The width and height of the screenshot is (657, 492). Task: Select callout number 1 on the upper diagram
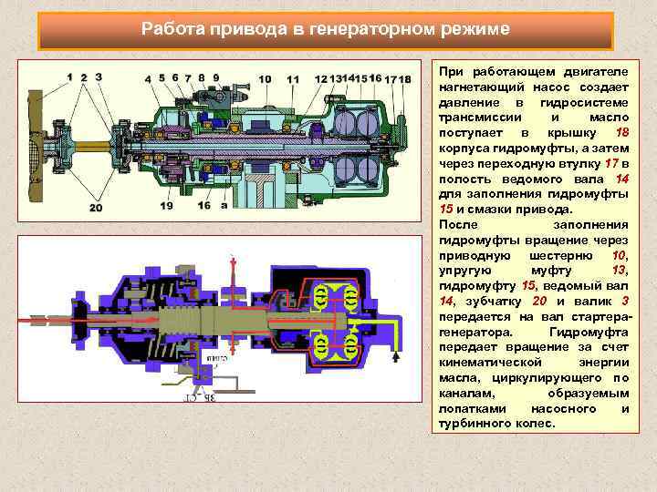[68, 77]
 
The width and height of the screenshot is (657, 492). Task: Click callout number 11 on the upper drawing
[292, 79]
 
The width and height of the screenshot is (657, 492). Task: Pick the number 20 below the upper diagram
[96, 207]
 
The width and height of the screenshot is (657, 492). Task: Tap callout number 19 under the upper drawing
[166, 206]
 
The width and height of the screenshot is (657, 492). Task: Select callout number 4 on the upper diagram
[149, 78]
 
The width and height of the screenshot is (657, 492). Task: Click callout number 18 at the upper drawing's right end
[404, 79]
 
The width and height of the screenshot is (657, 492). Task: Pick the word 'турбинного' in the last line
[474, 424]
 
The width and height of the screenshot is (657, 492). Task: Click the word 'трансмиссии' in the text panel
[480, 118]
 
